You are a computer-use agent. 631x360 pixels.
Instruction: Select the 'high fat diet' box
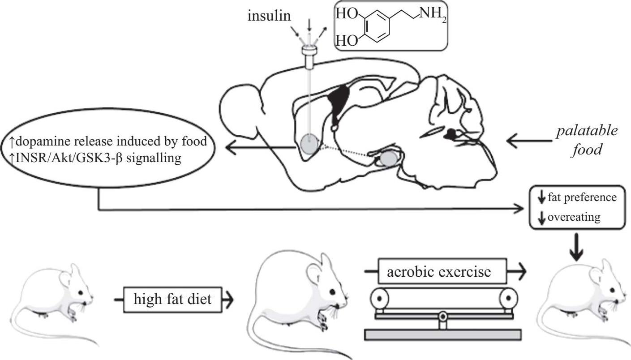(173, 299)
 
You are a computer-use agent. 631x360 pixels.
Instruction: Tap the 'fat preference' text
(582, 197)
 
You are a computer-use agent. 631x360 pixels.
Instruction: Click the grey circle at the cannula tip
(309, 144)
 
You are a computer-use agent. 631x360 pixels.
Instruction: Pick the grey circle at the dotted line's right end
(388, 158)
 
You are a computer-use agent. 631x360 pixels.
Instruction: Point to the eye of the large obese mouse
(332, 292)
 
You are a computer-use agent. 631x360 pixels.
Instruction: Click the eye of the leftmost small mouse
(81, 292)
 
